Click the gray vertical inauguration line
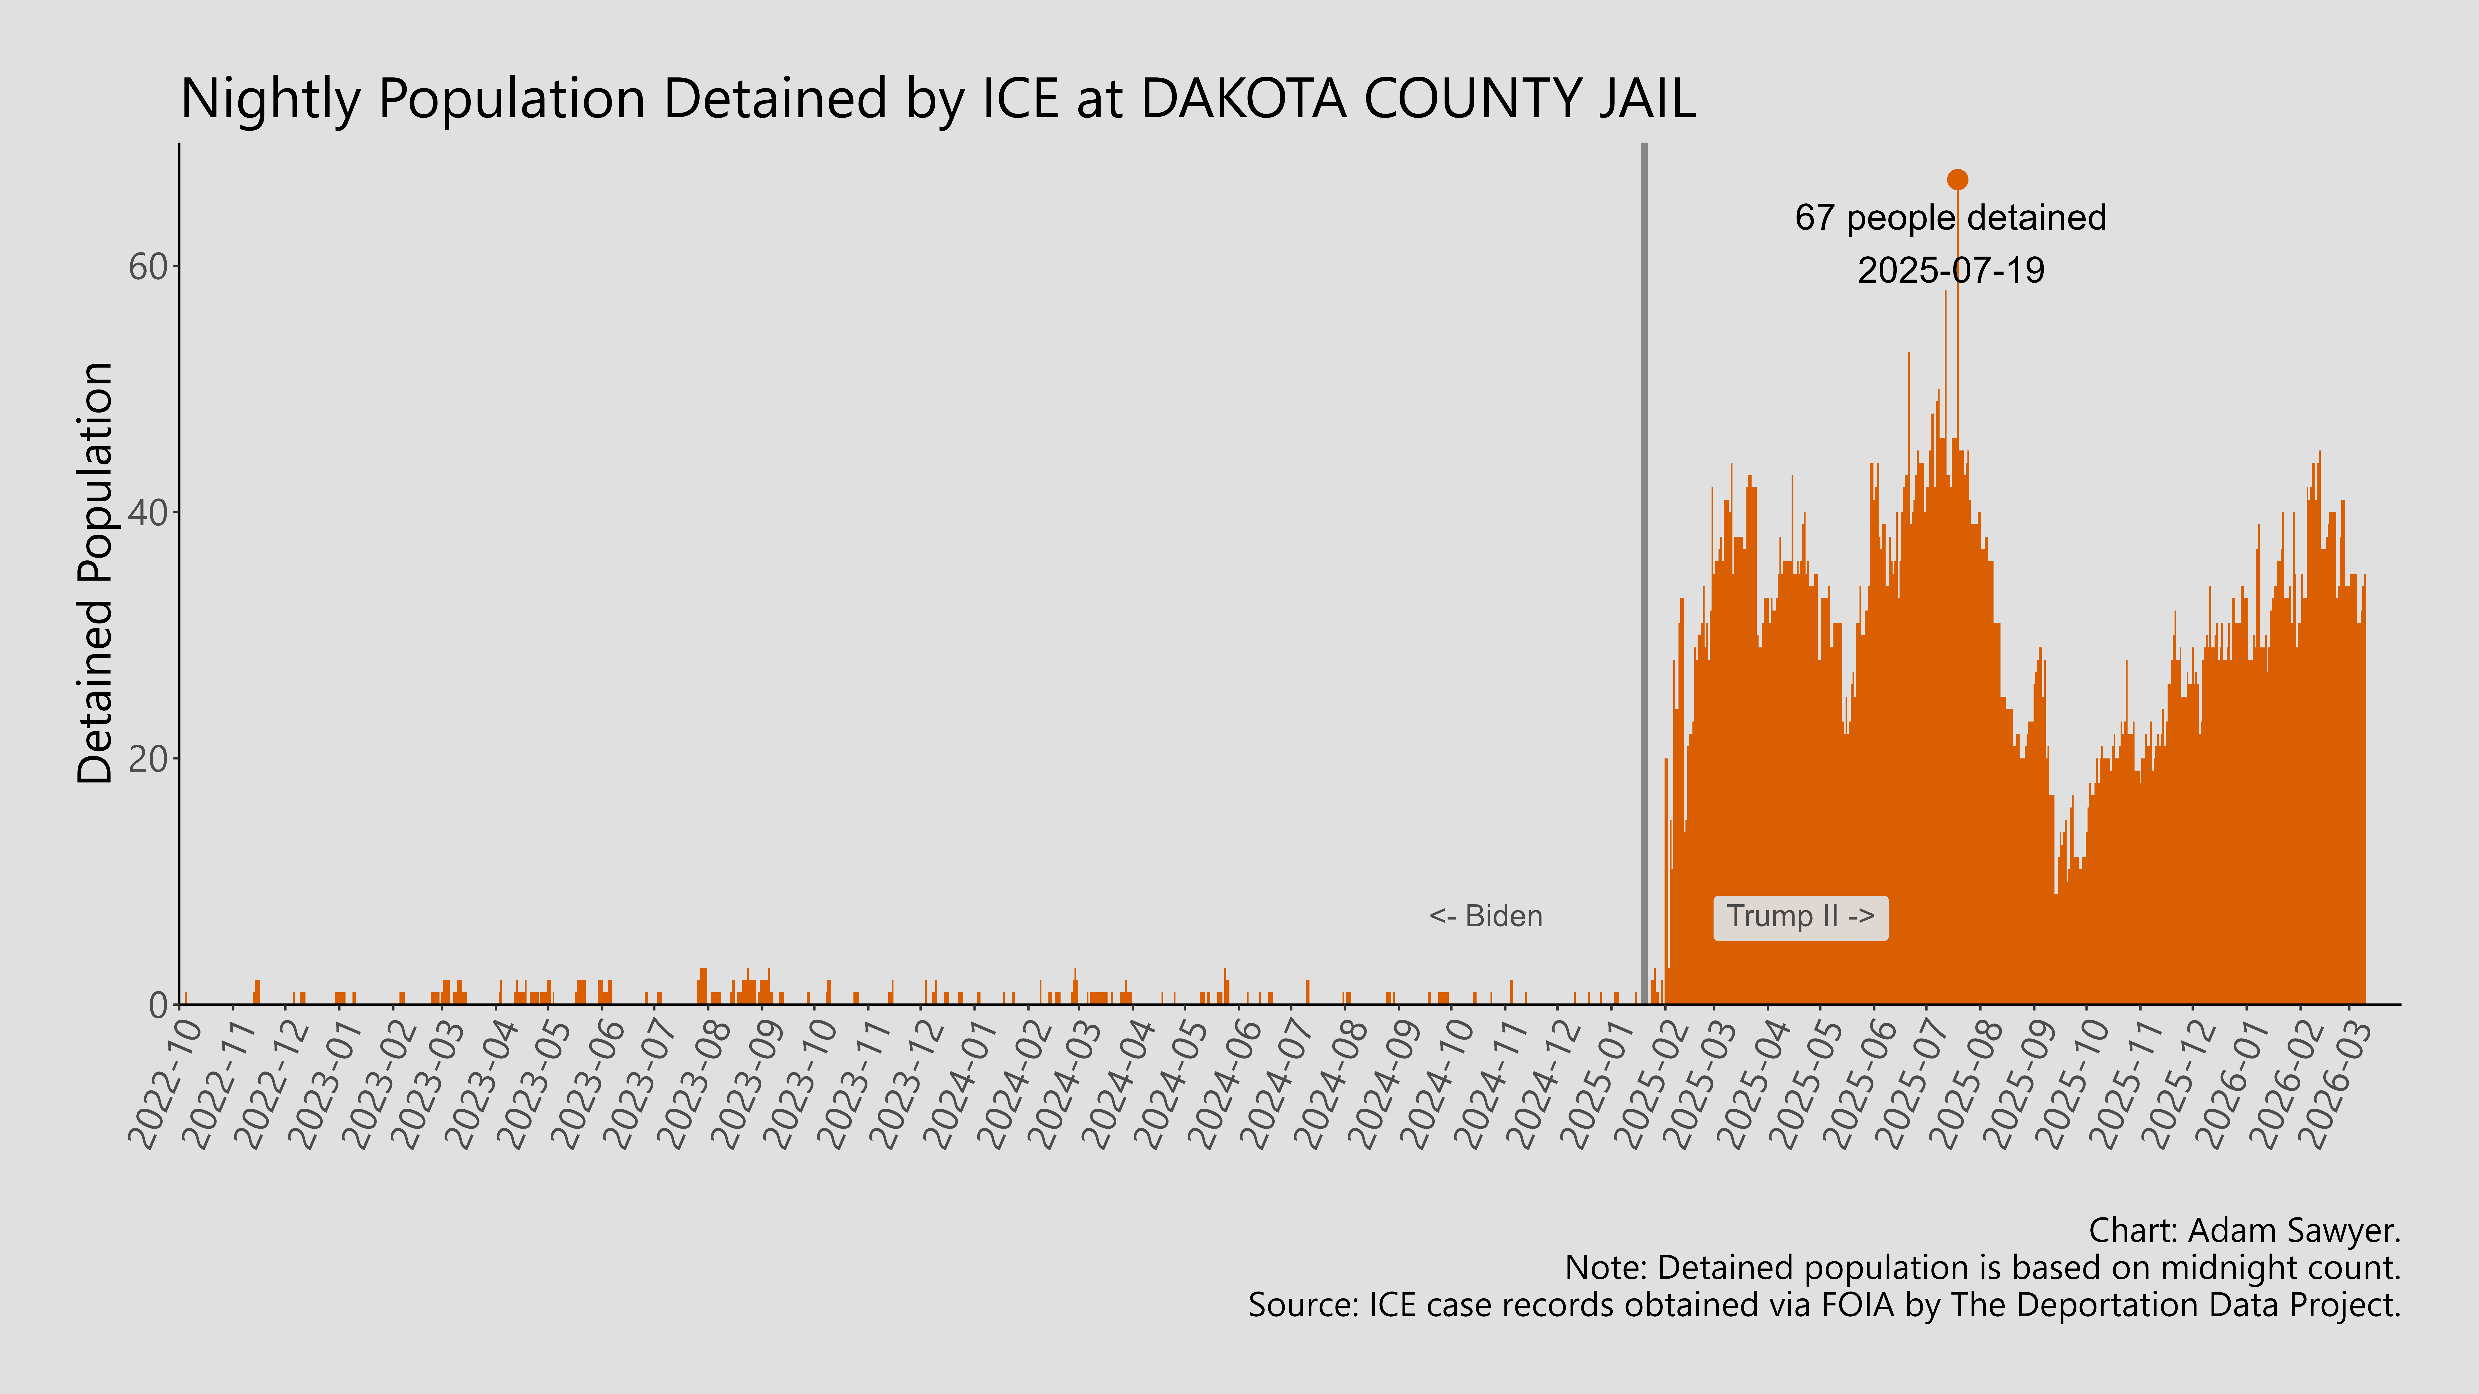click(x=1644, y=577)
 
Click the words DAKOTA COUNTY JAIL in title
click(x=1417, y=99)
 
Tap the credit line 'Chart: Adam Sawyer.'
click(x=2244, y=1230)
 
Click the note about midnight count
click(x=1982, y=1268)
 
